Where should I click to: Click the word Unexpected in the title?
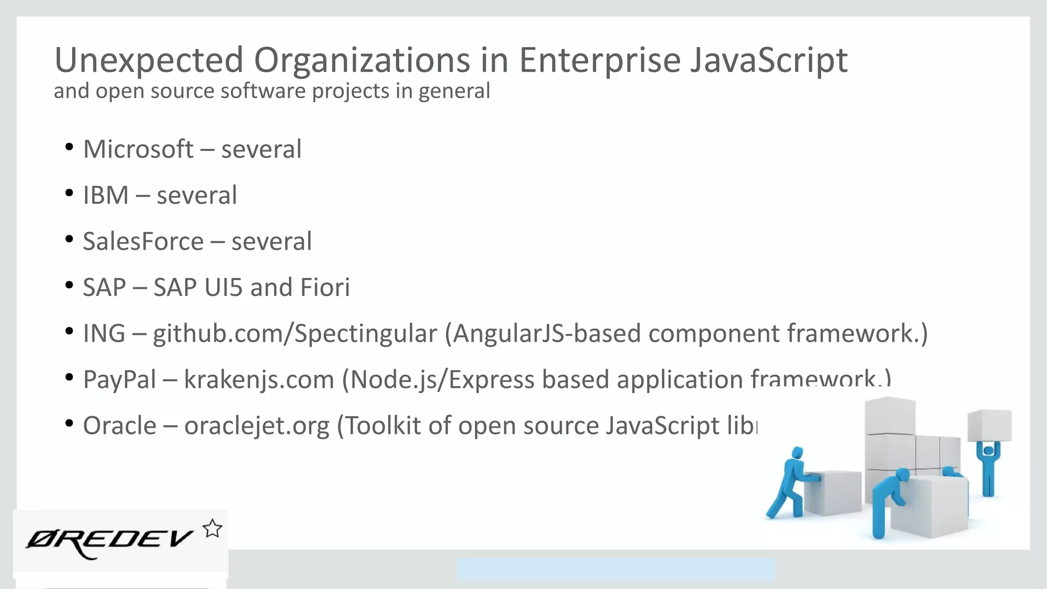[148, 60]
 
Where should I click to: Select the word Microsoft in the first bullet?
[138, 149]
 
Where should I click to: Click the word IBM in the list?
[106, 195]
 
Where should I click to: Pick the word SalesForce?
[143, 241]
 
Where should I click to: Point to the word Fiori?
[325, 287]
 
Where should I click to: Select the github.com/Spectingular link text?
[295, 333]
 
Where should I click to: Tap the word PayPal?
[120, 379]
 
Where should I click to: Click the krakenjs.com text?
[259, 379]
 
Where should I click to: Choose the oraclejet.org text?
[257, 425]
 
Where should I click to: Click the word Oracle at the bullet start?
[120, 425]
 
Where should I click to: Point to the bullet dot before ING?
[69, 332]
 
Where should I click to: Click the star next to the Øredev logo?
[212, 529]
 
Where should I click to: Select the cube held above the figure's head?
[989, 424]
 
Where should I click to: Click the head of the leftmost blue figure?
[797, 453]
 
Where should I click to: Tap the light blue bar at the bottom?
[616, 569]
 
